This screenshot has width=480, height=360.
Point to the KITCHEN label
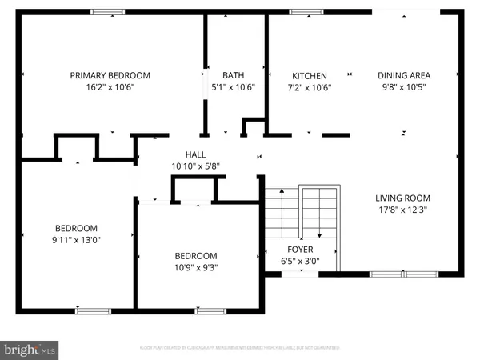309,76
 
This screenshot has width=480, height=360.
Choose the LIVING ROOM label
403,198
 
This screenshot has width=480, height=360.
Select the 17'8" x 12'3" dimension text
403,210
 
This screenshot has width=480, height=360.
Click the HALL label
195,154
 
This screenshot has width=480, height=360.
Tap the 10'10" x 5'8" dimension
195,166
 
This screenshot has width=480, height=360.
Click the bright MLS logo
30,350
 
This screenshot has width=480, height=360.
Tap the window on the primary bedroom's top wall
106,11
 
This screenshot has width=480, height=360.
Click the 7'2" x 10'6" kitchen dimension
309,88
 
